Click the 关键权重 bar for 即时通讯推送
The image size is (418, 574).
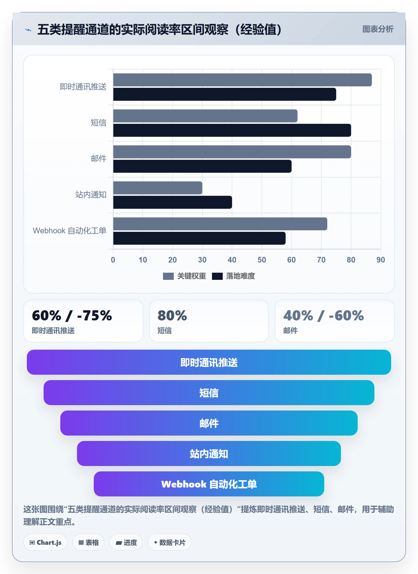(x=242, y=80)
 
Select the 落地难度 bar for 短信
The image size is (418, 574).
(x=232, y=130)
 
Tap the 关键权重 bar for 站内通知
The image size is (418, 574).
(x=158, y=188)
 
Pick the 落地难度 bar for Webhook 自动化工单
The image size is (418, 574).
(x=199, y=238)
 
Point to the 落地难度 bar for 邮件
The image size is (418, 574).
(x=202, y=166)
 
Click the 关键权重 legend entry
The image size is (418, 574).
(x=185, y=276)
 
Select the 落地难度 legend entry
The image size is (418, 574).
(x=233, y=276)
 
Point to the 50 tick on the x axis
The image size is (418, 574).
(x=262, y=260)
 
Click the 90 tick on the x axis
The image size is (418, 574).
(x=381, y=260)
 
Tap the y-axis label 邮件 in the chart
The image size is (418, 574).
(x=99, y=158)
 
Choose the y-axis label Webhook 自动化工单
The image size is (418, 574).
(x=70, y=231)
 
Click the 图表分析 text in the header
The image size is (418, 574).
(x=378, y=29)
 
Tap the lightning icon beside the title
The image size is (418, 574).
(x=28, y=30)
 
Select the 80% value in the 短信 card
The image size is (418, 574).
(x=172, y=316)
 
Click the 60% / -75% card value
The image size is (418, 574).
(x=72, y=316)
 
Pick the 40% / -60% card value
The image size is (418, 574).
(x=324, y=316)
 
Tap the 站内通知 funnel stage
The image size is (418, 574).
(x=209, y=453)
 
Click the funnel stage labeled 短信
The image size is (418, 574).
(x=209, y=393)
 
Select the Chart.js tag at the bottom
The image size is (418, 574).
(x=45, y=542)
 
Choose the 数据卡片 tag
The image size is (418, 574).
(x=170, y=542)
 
